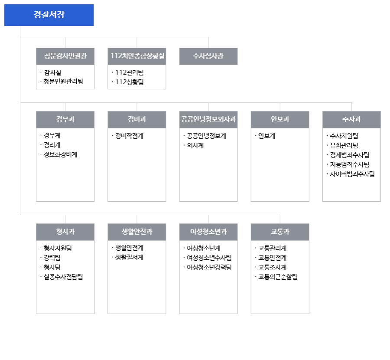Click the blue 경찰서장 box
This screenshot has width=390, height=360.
pos(49,15)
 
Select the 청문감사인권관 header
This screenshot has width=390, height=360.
pos(65,56)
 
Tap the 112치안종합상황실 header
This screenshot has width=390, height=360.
pos(137,56)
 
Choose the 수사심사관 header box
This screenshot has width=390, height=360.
pos(208,56)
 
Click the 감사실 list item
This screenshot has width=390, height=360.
pos(52,73)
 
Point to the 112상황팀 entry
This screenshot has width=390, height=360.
pos(129,82)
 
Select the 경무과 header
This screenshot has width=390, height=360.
pos(65,120)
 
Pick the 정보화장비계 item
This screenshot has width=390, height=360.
pos(60,154)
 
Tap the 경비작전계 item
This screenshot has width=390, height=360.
pos(129,136)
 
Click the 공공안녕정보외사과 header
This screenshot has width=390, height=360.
pos(208,120)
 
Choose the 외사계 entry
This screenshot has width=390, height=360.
pos(195,145)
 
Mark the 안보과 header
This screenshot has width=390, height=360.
pos(280,120)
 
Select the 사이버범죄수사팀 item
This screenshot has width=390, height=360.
pos(352,174)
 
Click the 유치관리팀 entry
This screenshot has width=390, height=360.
pos(344,145)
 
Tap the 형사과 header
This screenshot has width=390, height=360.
pos(65,232)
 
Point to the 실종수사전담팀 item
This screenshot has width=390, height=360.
pos(63,277)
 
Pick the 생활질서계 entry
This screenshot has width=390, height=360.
pos(129,258)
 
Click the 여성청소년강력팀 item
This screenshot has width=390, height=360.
pos(209,267)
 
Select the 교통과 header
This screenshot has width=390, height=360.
pos(280,232)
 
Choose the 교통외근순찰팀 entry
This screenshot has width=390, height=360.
pos(278,277)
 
